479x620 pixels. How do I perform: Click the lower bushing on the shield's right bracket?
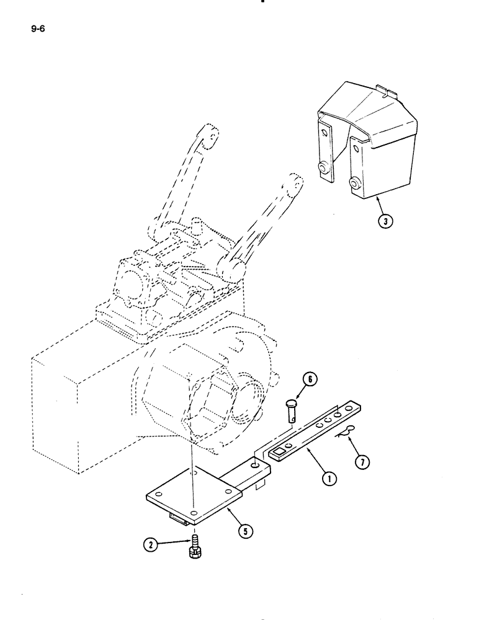(x=355, y=182)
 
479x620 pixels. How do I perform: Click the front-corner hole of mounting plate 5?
(x=194, y=514)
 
